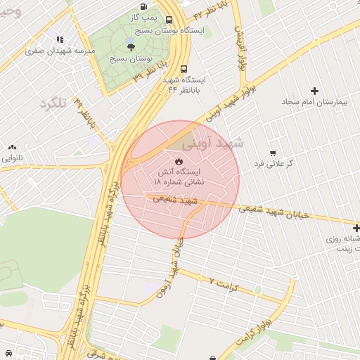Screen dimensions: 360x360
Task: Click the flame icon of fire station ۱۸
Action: [177, 161]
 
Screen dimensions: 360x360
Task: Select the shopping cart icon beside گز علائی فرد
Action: [273, 153]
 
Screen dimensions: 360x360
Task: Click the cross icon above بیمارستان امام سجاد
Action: [314, 91]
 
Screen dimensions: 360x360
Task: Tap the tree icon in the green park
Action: [131, 47]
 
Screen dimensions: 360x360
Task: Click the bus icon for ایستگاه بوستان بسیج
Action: [169, 20]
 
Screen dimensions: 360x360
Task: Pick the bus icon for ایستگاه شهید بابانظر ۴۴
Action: [184, 70]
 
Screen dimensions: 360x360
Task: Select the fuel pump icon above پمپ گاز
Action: [144, 6]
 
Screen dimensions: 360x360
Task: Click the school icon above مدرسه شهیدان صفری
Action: [60, 40]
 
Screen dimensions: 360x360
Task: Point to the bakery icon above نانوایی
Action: [12, 148]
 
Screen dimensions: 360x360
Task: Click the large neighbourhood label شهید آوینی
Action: [212, 143]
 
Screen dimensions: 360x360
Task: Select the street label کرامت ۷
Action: [225, 284]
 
